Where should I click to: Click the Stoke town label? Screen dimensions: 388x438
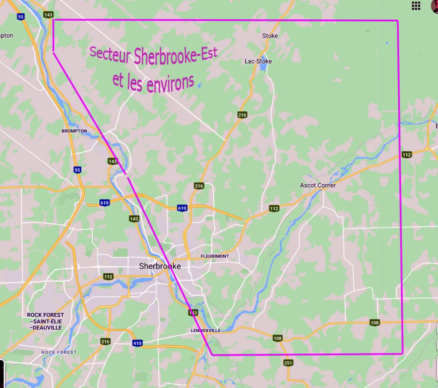click(270, 36)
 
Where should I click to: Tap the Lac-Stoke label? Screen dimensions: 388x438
click(258, 61)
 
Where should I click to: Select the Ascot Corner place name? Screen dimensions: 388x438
click(318, 185)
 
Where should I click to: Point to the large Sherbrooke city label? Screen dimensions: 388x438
click(160, 266)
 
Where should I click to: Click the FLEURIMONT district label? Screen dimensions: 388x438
click(215, 256)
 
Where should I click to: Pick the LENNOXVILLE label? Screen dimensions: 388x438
click(205, 331)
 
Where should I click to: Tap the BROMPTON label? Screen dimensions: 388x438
click(74, 131)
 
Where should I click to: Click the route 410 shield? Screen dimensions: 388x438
click(137, 343)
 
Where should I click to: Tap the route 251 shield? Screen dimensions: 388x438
click(288, 363)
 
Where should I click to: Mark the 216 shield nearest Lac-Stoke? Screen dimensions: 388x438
click(243, 115)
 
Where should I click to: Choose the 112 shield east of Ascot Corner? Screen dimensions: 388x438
click(406, 154)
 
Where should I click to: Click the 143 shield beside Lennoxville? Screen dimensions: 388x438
click(193, 313)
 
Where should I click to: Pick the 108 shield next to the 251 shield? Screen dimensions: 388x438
click(278, 338)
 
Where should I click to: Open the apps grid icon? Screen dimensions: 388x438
click(415, 6)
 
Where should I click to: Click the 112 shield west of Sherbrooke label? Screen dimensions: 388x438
click(108, 277)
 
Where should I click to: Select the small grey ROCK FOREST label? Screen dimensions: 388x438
click(59, 352)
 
